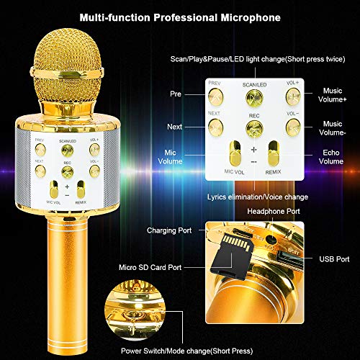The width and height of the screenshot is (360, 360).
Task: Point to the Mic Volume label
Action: pos(171,156)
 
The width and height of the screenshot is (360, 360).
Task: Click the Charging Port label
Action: pos(174,232)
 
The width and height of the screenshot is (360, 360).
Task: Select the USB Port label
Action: pos(334,258)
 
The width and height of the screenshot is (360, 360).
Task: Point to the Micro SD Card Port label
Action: pos(156,267)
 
